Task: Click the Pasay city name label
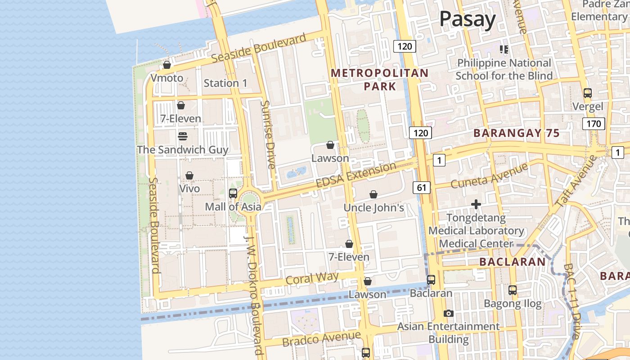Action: (467, 19)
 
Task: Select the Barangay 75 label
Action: (517, 133)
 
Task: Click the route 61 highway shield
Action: (421, 187)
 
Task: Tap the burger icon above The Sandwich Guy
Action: (182, 135)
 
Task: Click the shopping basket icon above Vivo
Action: (189, 175)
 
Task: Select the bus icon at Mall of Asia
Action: (233, 193)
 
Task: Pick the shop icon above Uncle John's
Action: (373, 194)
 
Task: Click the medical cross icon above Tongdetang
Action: (476, 204)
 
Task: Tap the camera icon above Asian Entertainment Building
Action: (448, 313)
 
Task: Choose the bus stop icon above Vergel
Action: (587, 93)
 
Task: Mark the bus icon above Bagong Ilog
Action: (512, 290)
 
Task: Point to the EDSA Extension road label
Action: (356, 175)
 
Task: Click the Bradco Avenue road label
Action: (321, 338)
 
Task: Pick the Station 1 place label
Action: (225, 83)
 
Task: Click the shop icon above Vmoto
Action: (167, 65)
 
